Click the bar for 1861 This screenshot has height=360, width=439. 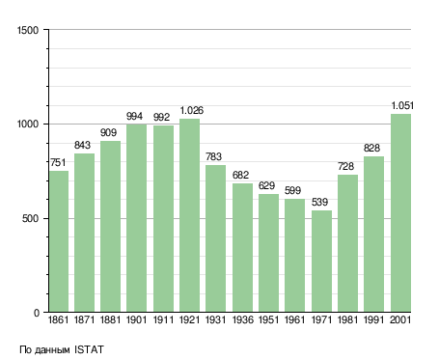(59, 241)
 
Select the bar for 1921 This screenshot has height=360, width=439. (189, 215)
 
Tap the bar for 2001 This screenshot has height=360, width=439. (400, 213)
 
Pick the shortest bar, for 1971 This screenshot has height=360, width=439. (321, 262)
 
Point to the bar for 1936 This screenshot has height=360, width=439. (242, 248)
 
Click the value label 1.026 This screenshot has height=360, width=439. (192, 110)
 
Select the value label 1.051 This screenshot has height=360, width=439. (402, 105)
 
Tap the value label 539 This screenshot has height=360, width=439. (319, 202)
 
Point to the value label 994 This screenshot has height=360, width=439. (134, 116)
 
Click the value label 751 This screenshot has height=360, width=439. (58, 162)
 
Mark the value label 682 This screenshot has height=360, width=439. (240, 175)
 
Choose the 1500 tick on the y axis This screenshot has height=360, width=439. (28, 30)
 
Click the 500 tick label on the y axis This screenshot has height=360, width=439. (30, 218)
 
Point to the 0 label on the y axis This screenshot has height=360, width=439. (37, 313)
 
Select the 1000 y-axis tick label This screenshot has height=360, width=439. (28, 124)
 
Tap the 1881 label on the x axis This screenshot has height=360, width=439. (110, 319)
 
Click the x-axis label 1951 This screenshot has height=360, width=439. (268, 319)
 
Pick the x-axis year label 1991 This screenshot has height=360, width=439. (374, 319)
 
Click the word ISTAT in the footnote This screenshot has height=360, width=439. (89, 349)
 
